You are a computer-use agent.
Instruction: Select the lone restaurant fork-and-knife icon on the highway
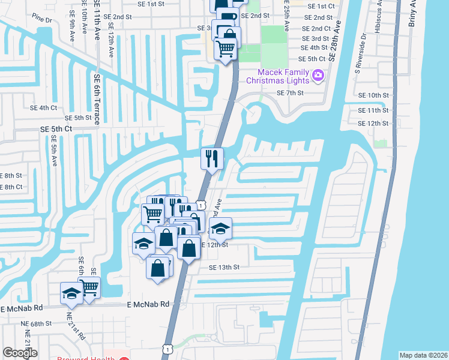(211, 159)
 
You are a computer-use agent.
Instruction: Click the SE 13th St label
(224, 267)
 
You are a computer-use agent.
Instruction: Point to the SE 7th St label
(291, 94)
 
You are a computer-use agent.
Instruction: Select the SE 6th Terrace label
(96, 95)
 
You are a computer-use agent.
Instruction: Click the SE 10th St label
(373, 95)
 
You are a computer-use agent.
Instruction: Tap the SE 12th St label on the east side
(373, 124)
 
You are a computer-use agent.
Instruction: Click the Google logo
(20, 353)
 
